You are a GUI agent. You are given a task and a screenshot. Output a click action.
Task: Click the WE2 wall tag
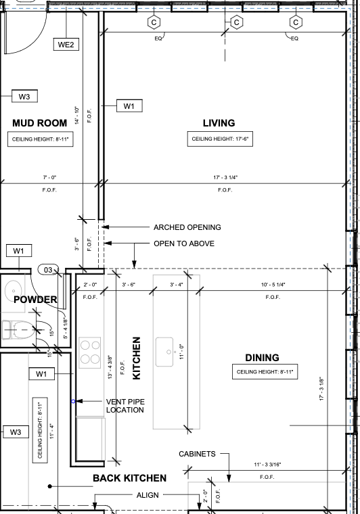click(66, 45)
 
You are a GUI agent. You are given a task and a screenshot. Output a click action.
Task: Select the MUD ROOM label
click(40, 123)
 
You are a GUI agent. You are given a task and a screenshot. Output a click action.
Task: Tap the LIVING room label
click(219, 123)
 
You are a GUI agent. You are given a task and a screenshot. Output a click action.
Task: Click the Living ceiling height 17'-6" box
click(220, 139)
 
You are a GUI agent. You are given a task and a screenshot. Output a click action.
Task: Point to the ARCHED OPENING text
click(187, 227)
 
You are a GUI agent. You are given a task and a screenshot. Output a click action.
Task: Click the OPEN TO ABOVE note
click(184, 243)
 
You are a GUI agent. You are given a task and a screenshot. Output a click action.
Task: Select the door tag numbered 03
click(48, 270)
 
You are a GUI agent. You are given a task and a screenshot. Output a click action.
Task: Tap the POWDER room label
click(35, 300)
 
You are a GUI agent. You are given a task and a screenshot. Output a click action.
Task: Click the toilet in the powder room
click(18, 330)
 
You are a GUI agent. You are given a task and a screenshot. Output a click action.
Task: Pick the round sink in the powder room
click(14, 290)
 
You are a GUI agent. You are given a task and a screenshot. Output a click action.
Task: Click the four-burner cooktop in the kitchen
click(90, 353)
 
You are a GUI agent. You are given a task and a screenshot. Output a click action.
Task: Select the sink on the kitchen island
click(164, 352)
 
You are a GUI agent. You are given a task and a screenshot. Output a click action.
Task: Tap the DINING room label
click(263, 358)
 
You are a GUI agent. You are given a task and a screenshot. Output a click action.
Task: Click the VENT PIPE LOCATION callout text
click(125, 406)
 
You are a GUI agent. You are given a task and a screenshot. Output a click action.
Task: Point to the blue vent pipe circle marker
click(73, 401)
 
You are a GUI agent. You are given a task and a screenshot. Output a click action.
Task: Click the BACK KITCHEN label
click(129, 478)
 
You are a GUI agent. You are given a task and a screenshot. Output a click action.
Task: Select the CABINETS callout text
click(197, 454)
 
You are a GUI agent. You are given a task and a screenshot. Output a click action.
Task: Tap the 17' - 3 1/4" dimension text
click(225, 177)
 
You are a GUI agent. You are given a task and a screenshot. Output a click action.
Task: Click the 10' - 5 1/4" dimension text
click(273, 285)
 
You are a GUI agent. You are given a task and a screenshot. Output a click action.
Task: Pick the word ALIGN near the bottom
click(148, 495)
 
